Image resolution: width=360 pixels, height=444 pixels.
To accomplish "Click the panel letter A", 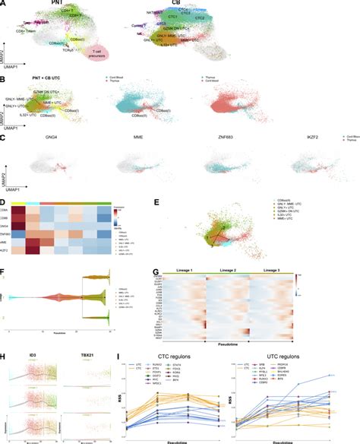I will pyautogui.click(x=4, y=4).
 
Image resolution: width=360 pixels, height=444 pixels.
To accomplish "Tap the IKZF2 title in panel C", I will pyautogui.click(x=311, y=141).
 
